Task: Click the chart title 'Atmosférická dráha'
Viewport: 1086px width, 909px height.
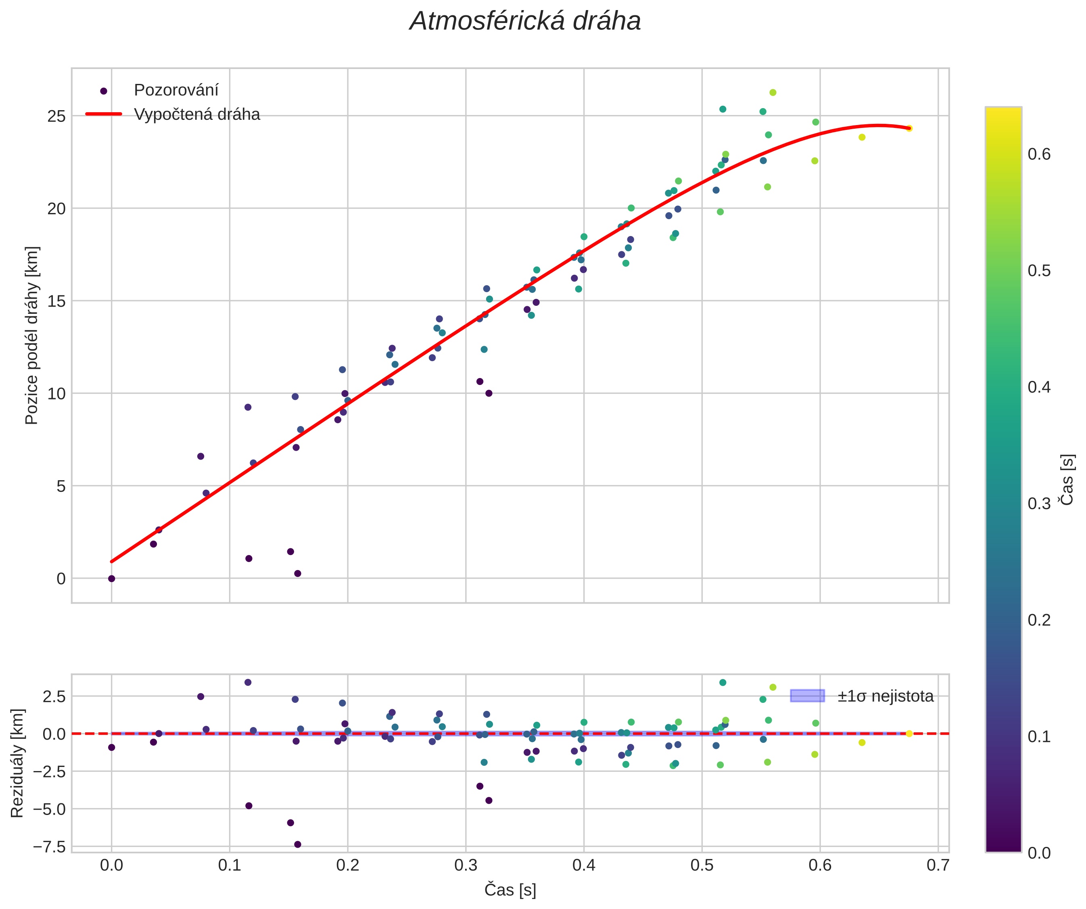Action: point(525,22)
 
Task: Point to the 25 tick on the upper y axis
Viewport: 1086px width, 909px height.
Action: point(56,116)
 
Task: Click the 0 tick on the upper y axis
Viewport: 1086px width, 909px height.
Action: point(61,579)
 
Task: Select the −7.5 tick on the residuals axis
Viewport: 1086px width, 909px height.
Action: point(49,847)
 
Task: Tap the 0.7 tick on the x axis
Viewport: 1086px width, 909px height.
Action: point(938,865)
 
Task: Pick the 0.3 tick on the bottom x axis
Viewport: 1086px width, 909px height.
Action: point(466,865)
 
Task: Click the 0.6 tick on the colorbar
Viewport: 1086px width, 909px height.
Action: point(1039,154)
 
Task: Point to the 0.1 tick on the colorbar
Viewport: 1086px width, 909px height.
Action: point(1039,736)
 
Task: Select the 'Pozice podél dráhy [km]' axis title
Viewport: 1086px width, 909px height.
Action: point(31,335)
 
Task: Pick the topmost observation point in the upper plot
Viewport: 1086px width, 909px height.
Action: point(773,92)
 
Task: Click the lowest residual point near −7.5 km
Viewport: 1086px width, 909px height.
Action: point(297,844)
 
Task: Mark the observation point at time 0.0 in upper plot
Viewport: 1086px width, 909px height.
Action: point(111,579)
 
